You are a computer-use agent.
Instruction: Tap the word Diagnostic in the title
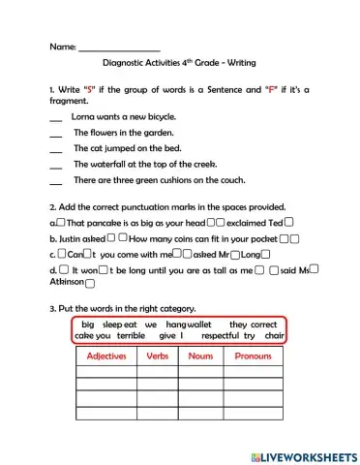click(124, 68)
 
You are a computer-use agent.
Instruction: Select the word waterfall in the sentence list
click(121, 165)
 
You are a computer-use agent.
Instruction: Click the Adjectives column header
click(106, 356)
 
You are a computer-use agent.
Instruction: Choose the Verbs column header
click(162, 356)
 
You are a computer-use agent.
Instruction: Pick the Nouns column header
click(200, 356)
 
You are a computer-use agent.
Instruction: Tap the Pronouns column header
click(254, 356)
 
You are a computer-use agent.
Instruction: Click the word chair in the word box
click(275, 335)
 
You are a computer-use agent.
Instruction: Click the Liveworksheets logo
click(303, 455)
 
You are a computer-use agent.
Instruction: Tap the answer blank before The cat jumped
click(54, 149)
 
